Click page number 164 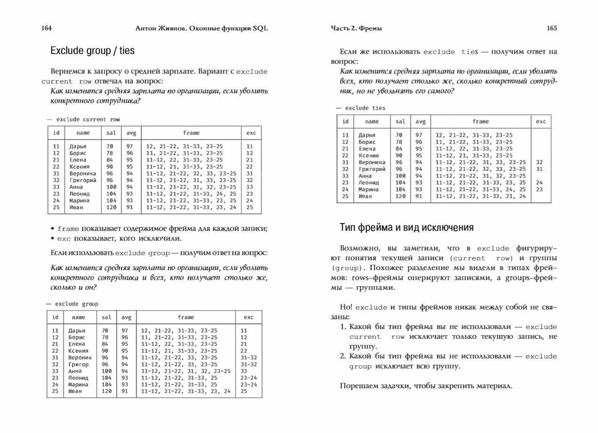pos(46,28)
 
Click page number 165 pos(552,28)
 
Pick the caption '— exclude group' pos(72,304)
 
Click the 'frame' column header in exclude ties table pos(480,121)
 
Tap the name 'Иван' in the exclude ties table pos(365,196)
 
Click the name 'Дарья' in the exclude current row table pos(78,146)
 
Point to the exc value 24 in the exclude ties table pos(539,183)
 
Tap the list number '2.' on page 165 pos(343,356)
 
